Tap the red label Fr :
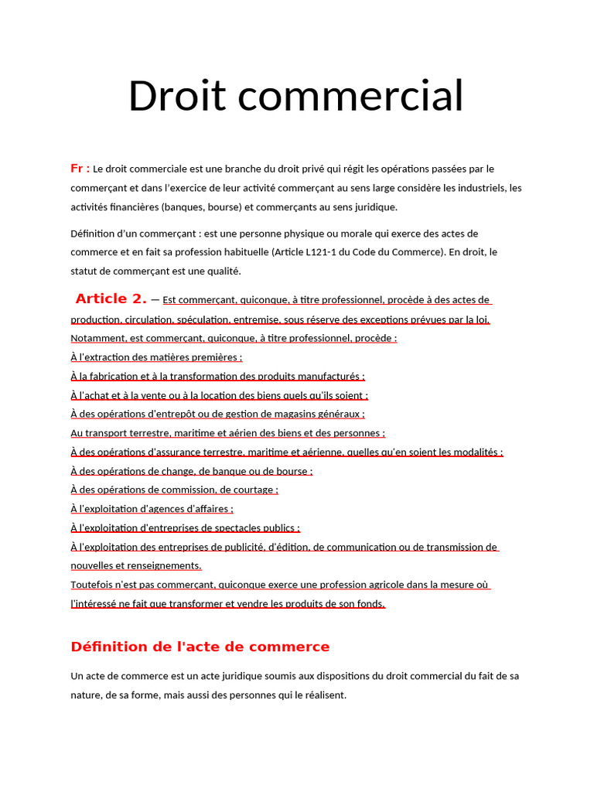(x=80, y=169)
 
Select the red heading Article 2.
(x=111, y=299)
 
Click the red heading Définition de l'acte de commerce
(x=200, y=647)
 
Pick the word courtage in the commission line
(x=252, y=490)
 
